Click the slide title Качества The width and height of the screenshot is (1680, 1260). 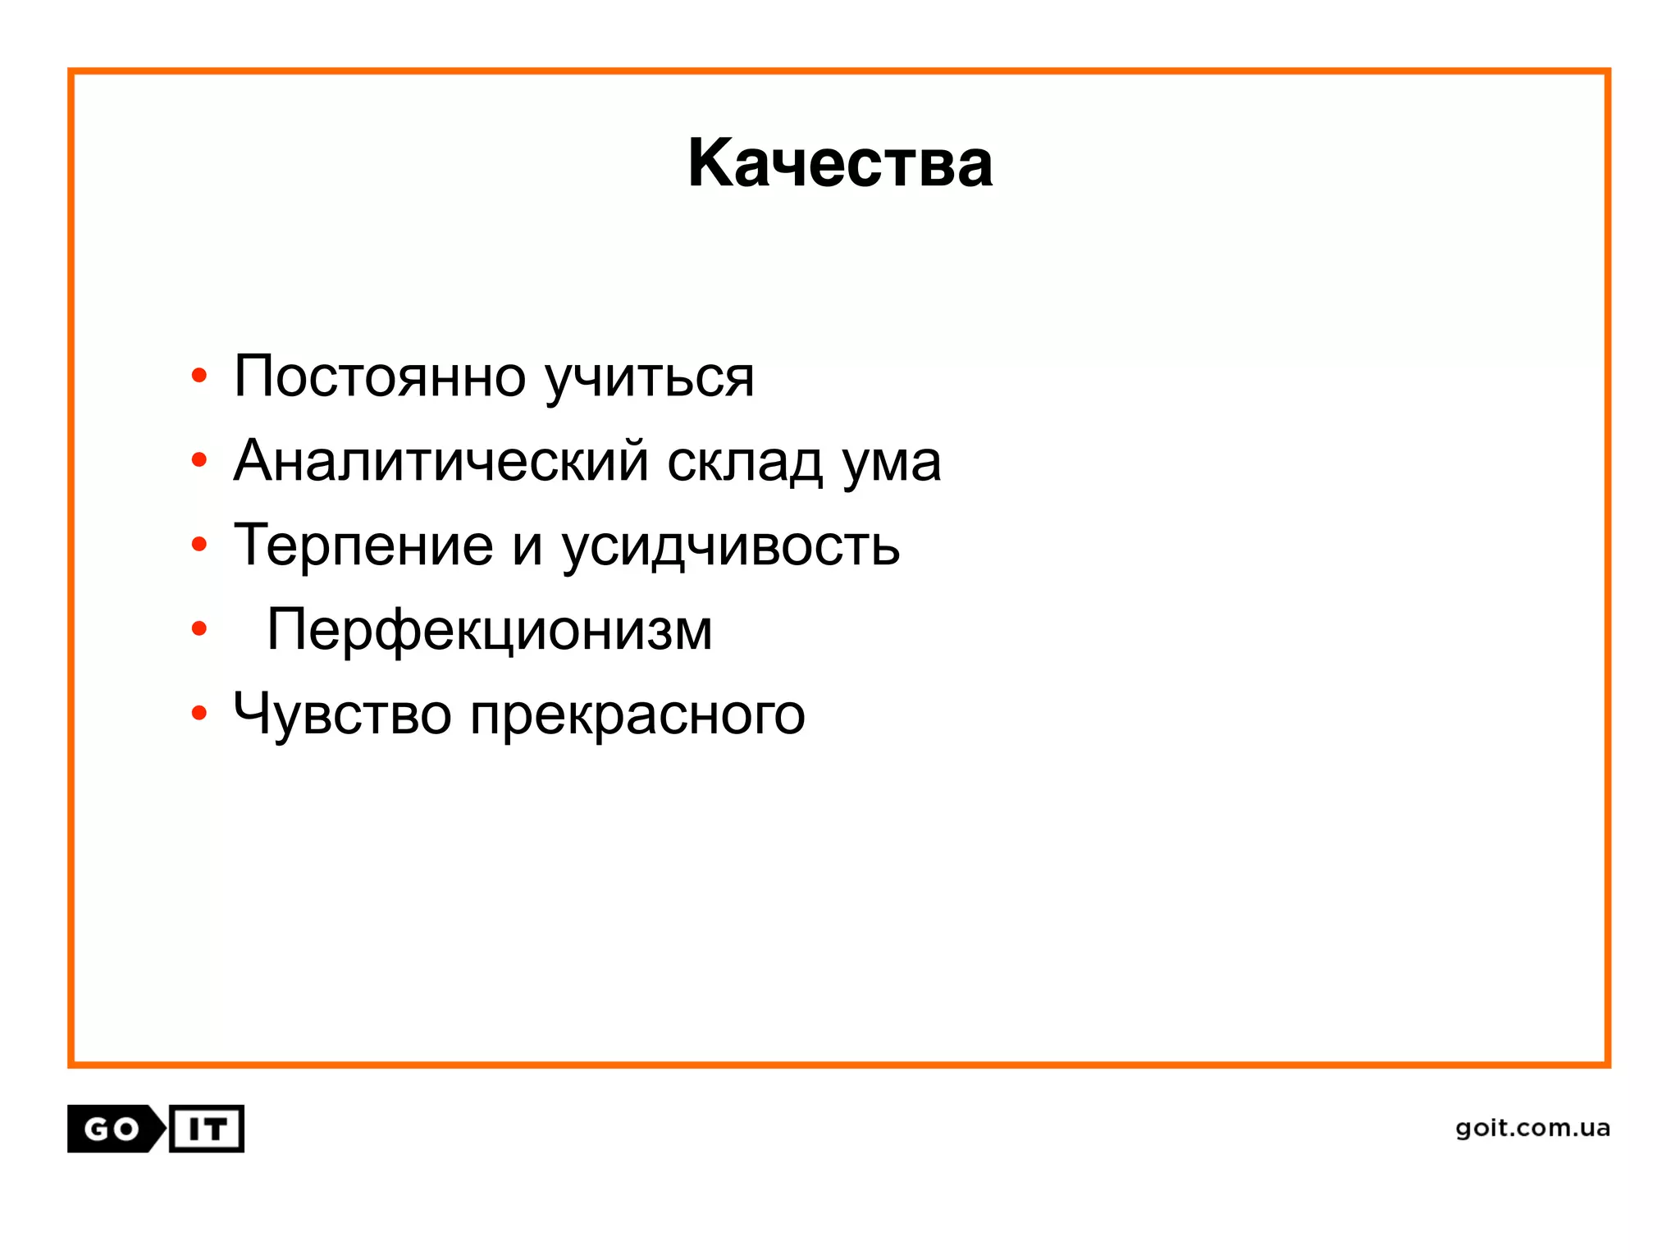(x=840, y=163)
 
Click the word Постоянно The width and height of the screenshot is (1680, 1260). (x=380, y=377)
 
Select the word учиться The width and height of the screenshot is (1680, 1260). (x=650, y=379)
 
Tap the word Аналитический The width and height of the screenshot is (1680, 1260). (x=441, y=461)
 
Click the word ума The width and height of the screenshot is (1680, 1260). (x=892, y=463)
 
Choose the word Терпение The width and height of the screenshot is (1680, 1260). (x=363, y=546)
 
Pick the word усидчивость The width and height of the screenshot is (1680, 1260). (x=731, y=548)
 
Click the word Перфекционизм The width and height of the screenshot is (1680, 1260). (x=490, y=631)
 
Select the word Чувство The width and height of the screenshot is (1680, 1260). (x=342, y=714)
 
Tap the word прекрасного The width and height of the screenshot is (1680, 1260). (x=637, y=716)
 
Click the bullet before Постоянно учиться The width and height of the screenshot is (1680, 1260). (x=199, y=377)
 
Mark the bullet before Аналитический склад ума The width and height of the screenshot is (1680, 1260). (x=199, y=460)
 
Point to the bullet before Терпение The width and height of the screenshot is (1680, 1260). (x=199, y=545)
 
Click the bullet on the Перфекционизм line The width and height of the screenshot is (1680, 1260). (x=199, y=629)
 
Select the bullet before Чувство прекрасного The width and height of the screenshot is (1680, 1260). (x=199, y=713)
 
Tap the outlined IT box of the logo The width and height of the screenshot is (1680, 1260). (x=207, y=1129)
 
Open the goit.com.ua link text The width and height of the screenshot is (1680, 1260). (x=1532, y=1128)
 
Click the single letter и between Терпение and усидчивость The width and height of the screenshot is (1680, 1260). (x=527, y=548)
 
